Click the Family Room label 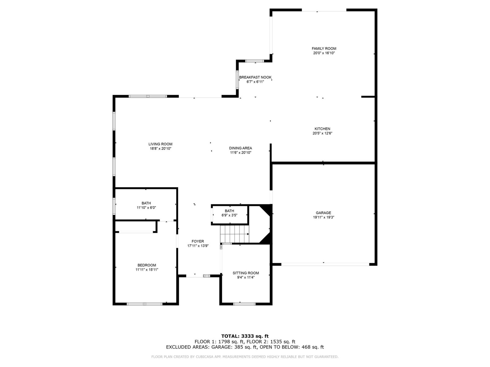tap(324, 49)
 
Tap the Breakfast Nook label tap(255, 77)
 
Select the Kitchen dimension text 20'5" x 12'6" tap(322, 133)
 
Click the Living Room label tap(160, 144)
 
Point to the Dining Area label tap(240, 148)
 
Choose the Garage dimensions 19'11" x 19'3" tap(323, 217)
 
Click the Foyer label tap(198, 241)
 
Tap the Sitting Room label tap(246, 273)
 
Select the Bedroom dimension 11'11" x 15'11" tap(147, 270)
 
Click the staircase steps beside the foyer tap(234, 234)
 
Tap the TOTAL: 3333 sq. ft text tap(245, 336)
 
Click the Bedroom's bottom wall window tap(145, 304)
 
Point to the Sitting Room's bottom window tap(244, 304)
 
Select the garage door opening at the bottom tap(325, 265)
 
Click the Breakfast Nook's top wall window tap(254, 61)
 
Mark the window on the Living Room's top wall tap(148, 96)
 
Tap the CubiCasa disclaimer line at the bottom tap(245, 357)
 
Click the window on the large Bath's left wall tap(114, 206)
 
